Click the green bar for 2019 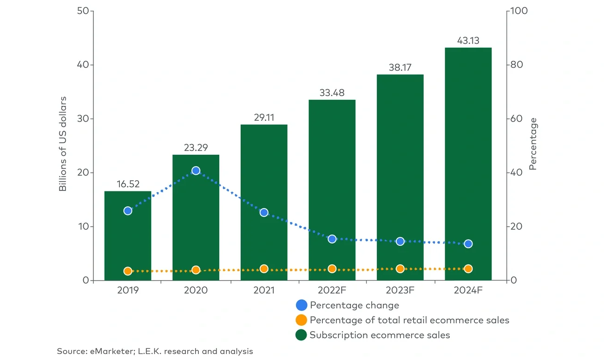coord(128,242)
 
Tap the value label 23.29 coord(196,148)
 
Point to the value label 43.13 coord(468,40)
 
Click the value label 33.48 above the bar coord(332,92)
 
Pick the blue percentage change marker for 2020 coord(196,171)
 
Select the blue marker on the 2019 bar coord(128,211)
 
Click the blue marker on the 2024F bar coord(468,244)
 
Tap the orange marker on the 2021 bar coord(264,268)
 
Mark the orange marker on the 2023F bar coord(400,268)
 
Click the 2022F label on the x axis coord(332,290)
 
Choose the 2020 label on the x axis coord(196,290)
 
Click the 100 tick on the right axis coord(519,11)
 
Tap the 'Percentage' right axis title coord(533,144)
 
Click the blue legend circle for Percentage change coord(302,305)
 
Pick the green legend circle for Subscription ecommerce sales coord(302,335)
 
